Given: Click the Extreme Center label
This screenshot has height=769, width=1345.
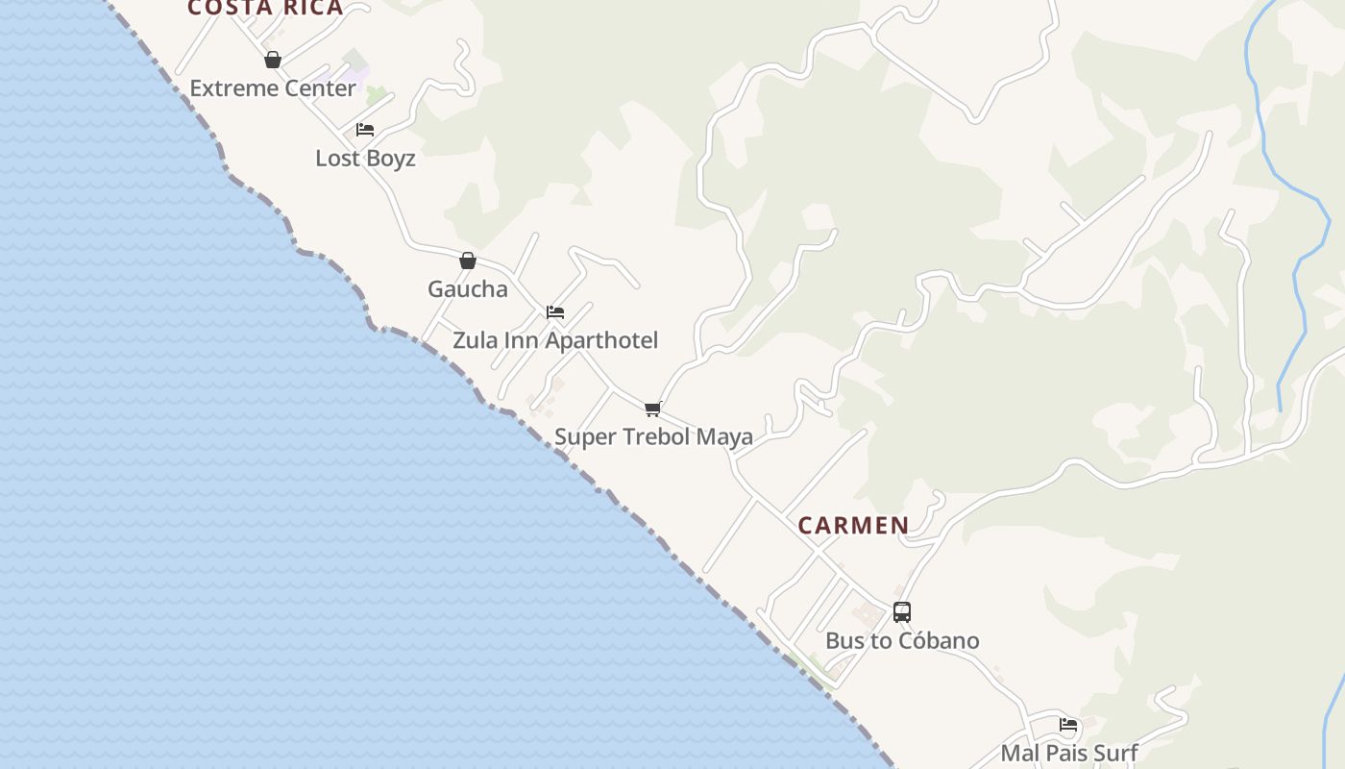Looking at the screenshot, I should (x=273, y=88).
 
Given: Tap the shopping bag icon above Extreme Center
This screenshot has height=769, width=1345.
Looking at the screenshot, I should (x=273, y=60).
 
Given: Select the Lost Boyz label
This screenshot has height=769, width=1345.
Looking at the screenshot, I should (x=365, y=159).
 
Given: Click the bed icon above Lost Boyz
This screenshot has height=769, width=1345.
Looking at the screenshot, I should (x=365, y=130).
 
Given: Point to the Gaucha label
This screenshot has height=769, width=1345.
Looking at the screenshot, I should (x=467, y=289).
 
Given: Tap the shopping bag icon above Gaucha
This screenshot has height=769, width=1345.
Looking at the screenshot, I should (x=468, y=260).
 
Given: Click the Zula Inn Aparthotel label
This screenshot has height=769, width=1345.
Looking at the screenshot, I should (x=555, y=340).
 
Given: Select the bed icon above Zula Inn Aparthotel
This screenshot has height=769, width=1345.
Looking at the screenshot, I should (x=555, y=312).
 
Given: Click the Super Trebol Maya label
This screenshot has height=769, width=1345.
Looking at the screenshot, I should (x=653, y=437).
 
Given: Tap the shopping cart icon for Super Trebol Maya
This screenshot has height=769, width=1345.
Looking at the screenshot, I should (x=653, y=409).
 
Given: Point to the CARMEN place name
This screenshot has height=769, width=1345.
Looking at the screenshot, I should (x=853, y=526).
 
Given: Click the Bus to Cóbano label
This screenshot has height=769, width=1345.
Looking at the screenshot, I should (x=902, y=641).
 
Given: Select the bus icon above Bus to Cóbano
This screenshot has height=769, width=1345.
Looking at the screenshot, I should (x=902, y=612).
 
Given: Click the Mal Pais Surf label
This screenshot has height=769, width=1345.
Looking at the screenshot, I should (x=1068, y=754).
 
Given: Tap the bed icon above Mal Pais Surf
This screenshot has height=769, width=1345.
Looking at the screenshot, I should (x=1068, y=725).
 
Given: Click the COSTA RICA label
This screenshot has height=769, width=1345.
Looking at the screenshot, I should (x=265, y=9).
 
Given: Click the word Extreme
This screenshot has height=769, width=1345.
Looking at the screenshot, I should (x=228, y=88).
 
